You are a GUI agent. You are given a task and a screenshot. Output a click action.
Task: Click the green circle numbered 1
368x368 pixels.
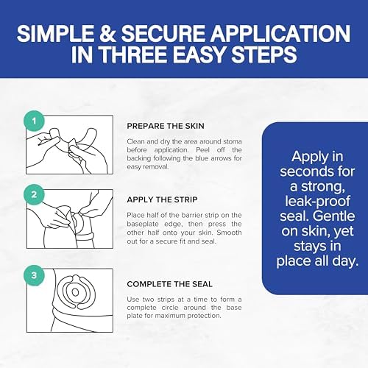(34, 121)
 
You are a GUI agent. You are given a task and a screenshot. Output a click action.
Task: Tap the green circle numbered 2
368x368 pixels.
(34, 194)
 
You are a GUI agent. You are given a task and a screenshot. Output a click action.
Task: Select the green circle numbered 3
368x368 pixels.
(34, 275)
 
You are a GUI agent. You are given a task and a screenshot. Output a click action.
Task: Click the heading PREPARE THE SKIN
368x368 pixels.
(166, 126)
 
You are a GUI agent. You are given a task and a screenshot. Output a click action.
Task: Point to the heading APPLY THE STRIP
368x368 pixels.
(162, 199)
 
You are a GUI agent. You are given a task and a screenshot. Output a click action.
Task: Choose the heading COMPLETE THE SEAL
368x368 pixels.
(169, 284)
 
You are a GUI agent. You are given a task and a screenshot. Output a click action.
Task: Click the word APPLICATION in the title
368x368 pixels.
(280, 33)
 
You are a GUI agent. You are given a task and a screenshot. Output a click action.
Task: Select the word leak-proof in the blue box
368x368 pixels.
(317, 201)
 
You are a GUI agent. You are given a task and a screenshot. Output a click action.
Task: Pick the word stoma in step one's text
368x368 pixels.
(232, 141)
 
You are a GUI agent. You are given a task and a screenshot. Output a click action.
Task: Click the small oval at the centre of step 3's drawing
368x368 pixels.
(75, 292)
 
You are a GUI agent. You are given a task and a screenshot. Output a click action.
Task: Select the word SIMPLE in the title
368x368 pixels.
(55, 33)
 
